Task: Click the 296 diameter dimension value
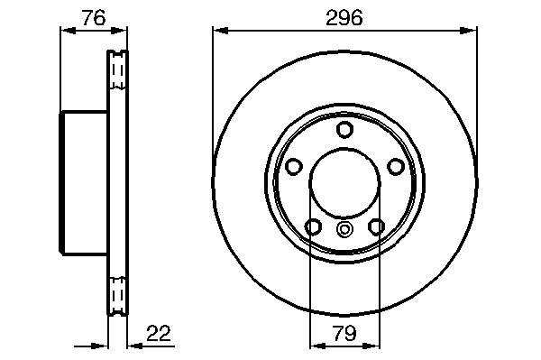click(344, 18)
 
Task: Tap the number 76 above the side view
click(94, 18)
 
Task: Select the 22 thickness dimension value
click(159, 334)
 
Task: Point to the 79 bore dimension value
click(344, 334)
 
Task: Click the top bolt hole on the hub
click(344, 129)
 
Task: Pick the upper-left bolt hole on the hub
click(294, 167)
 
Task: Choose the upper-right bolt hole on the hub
click(396, 167)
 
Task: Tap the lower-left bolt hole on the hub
click(313, 226)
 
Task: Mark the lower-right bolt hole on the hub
click(376, 226)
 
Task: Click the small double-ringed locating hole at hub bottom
click(344, 229)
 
